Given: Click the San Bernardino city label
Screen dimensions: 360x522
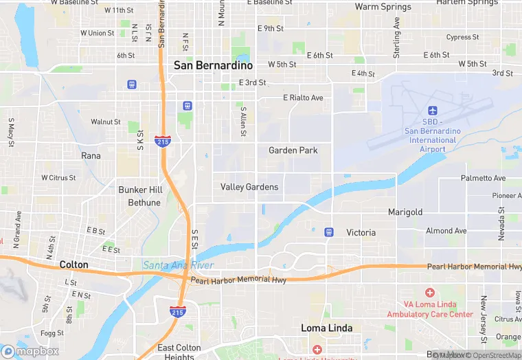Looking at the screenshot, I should (213, 65).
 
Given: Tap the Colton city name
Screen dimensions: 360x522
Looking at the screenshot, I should (73, 265).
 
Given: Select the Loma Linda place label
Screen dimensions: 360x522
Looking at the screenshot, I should (327, 328).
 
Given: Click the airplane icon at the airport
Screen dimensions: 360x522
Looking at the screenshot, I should (432, 111).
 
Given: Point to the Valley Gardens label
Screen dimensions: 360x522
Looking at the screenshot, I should (249, 187).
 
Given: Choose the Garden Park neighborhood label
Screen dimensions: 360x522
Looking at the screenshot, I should (293, 150).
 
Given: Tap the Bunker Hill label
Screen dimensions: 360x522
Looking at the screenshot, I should (144, 190).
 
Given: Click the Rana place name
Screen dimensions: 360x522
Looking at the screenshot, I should (91, 156).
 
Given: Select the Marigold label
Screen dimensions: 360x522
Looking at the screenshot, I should (405, 212).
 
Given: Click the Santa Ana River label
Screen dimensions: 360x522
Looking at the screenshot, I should (179, 265).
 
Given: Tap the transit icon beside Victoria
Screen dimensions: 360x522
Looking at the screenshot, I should (329, 232).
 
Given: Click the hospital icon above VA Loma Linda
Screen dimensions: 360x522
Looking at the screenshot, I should (430, 293).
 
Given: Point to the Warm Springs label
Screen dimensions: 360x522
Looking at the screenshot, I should (383, 7).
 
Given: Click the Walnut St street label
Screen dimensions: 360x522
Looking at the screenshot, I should (106, 122).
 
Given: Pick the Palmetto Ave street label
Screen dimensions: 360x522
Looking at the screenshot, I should (483, 178).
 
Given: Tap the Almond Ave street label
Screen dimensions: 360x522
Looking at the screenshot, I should (446, 231).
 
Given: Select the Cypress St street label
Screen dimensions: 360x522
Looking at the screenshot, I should (462, 37).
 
